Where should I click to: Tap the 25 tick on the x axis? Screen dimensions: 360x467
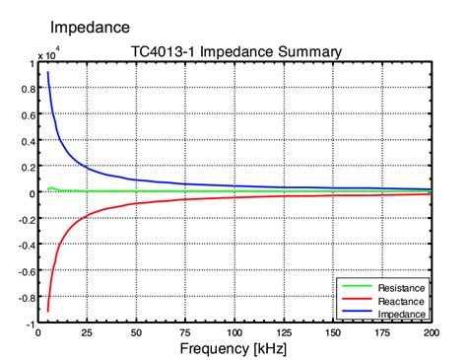click(x=87, y=332)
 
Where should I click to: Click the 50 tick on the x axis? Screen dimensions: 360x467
click(x=136, y=332)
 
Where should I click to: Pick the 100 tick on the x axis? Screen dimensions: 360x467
click(x=234, y=332)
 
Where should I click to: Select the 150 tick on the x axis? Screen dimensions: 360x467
click(x=333, y=332)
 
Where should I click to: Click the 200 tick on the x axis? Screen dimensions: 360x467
click(x=430, y=332)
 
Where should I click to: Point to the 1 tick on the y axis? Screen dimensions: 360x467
click(x=31, y=62)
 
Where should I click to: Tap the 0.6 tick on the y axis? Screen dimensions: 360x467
click(x=27, y=114)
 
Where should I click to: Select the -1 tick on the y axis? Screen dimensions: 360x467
click(x=29, y=323)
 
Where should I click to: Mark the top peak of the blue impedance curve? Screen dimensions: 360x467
click(x=47, y=72)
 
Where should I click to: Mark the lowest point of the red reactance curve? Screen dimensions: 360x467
click(x=47, y=312)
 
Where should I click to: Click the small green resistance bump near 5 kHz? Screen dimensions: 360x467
click(x=51, y=187)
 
